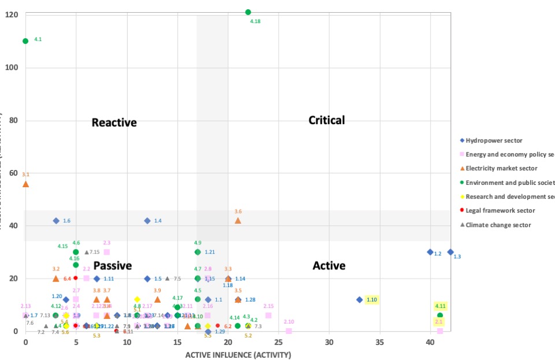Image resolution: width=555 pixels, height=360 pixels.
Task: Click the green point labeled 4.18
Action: coord(248,12)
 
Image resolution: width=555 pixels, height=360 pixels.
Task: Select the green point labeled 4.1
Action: coord(25,41)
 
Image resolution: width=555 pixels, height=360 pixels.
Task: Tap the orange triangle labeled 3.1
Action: coord(25,184)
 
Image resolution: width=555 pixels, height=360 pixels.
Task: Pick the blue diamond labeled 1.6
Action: coord(56,221)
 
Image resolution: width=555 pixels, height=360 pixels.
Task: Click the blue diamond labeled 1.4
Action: coord(147,221)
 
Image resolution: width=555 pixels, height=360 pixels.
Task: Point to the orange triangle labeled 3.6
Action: coord(238,220)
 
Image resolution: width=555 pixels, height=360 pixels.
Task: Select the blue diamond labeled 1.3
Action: coord(450,252)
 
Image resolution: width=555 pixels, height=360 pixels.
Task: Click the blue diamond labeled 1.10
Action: coord(360,300)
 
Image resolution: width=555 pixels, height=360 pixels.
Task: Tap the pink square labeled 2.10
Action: coord(289,331)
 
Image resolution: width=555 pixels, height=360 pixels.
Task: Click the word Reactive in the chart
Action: coord(114,123)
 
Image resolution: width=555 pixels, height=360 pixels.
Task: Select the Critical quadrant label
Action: coord(326,120)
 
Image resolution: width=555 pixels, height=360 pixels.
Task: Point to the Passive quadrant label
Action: coord(112,266)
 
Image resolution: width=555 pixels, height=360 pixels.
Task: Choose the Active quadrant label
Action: coord(329,266)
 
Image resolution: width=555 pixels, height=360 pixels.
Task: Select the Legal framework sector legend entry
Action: coord(501,211)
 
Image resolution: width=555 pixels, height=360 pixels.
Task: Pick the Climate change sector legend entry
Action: coord(498,225)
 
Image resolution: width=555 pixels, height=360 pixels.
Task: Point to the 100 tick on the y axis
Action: coord(12,68)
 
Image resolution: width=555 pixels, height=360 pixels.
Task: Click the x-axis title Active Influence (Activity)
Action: coord(238,355)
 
